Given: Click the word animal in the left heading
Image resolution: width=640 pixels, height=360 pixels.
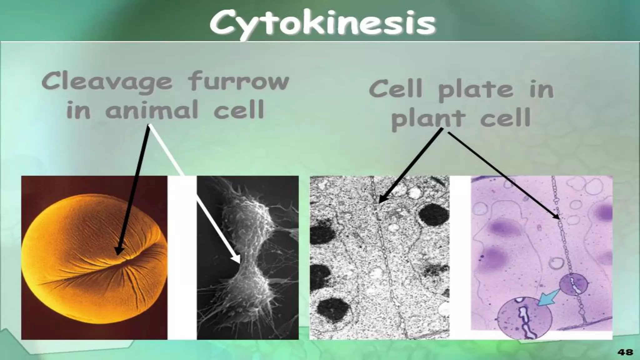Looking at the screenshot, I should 152,110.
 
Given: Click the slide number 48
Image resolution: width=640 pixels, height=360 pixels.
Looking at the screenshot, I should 625,352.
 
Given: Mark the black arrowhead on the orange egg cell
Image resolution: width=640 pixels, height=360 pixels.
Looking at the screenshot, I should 119,250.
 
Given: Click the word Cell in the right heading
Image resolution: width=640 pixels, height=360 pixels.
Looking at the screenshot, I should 396,89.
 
